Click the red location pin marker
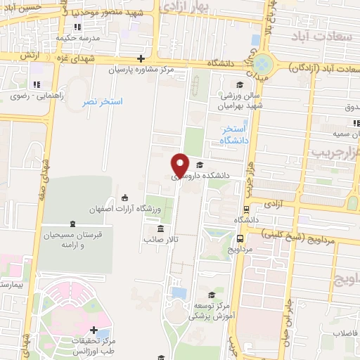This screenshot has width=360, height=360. pos(181,165)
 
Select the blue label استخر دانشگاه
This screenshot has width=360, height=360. pos(234,135)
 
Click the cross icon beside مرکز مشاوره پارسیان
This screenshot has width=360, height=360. pos(141,59)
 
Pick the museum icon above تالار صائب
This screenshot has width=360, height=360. pos(162,229)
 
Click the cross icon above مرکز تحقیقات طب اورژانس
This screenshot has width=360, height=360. pos(94,329)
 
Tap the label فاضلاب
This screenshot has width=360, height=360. pos(346,333)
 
